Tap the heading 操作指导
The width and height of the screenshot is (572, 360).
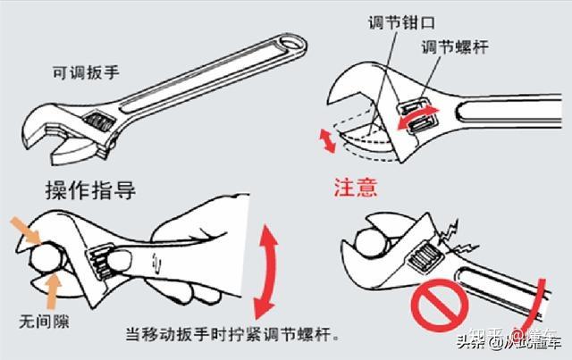[x=92, y=190]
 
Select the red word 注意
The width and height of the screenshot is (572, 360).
[x=356, y=188]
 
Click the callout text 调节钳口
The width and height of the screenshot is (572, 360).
[x=391, y=21]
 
